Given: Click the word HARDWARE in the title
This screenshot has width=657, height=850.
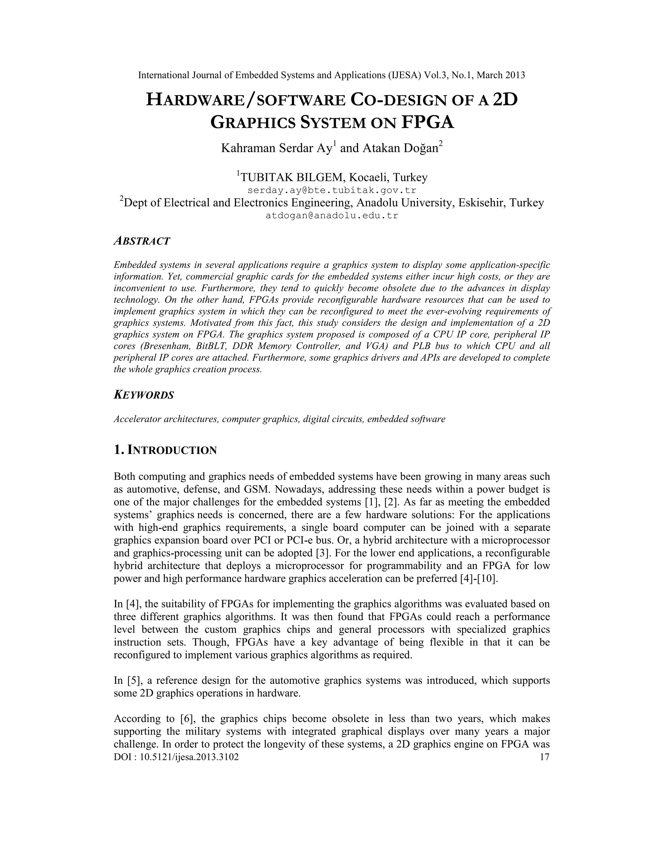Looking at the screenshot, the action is pyautogui.click(x=195, y=100).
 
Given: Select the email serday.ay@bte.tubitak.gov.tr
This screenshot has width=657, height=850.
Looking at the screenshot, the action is pyautogui.click(x=332, y=190).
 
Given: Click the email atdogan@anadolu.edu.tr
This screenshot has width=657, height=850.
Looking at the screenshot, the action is pyautogui.click(x=332, y=216).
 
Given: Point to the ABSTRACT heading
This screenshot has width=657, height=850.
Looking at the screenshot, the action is pyautogui.click(x=142, y=241).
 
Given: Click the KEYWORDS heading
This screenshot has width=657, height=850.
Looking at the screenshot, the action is pyautogui.click(x=144, y=395).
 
